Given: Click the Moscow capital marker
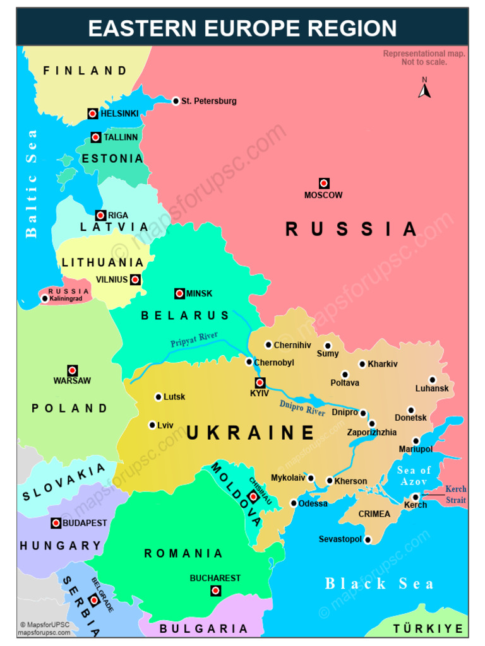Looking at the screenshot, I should pos(324,183).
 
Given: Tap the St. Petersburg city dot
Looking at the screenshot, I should pos(176,101).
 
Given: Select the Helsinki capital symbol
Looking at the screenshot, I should pos(93,114).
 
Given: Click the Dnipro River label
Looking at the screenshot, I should pos(302,408).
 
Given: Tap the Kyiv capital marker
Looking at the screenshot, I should pos(260,383).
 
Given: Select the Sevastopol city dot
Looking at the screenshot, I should pos(368,539).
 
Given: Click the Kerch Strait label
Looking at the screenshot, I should pos(455,495).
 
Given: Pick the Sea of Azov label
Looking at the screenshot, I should pos(414,476).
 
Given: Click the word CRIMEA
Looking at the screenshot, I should pos(374,514).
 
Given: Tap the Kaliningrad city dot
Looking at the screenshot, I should pos(45,298).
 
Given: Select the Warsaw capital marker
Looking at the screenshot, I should pos(73,370).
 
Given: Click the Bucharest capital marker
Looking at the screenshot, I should pos(215,590).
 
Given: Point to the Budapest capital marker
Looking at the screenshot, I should pos(56,523).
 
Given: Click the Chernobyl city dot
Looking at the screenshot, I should pos(249,362).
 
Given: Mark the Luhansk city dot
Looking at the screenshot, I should pos(433,380).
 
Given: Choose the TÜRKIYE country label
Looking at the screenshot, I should pos(428,629).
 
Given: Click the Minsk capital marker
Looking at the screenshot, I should pos(179,293).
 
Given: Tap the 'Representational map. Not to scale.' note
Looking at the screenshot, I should pos(424,57).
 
